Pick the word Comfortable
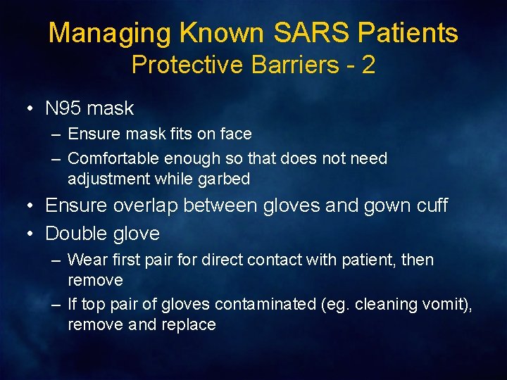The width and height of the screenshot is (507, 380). coord(113,158)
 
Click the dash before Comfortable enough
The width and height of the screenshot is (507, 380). coord(56,158)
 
